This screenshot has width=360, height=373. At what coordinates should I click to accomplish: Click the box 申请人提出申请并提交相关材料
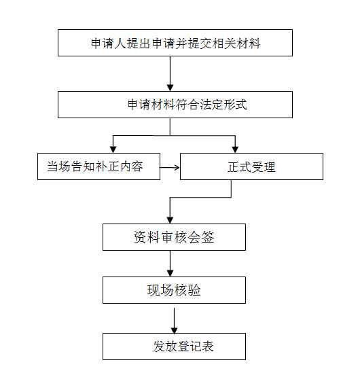[x=175, y=43]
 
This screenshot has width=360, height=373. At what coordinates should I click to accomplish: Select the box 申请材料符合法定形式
[x=175, y=105]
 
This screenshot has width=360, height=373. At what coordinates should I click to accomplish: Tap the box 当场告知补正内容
[x=98, y=166]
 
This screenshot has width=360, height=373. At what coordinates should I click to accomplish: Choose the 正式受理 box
[x=251, y=166]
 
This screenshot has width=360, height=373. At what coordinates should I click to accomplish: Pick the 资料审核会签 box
[x=174, y=237]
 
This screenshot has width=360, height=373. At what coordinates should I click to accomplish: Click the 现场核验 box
[x=174, y=290]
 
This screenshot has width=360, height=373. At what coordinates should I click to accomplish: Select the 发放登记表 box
[x=174, y=347]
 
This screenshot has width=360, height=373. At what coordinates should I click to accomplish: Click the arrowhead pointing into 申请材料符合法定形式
[x=170, y=88]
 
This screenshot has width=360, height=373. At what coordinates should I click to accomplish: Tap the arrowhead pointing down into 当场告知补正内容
[x=113, y=149]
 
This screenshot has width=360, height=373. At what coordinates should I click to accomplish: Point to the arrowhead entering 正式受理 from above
[x=235, y=149]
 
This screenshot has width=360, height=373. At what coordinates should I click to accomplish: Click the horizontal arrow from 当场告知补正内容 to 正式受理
[x=169, y=168]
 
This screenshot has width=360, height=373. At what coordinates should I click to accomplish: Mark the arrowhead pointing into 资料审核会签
[x=170, y=220]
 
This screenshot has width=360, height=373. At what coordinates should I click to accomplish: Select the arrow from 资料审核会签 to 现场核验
[x=170, y=264]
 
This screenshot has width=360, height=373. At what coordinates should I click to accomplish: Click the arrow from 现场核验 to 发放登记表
[x=175, y=321]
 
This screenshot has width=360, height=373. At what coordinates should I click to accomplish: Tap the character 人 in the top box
[x=120, y=43]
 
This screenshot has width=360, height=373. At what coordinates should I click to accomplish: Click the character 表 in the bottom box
[x=207, y=347]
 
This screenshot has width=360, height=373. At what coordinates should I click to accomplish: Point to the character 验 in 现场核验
[x=195, y=290]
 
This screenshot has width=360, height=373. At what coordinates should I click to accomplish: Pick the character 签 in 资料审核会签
[x=208, y=237]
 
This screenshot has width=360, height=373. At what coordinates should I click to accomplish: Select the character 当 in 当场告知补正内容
[x=52, y=166]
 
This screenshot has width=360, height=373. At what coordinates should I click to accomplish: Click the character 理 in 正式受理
[x=270, y=167]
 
